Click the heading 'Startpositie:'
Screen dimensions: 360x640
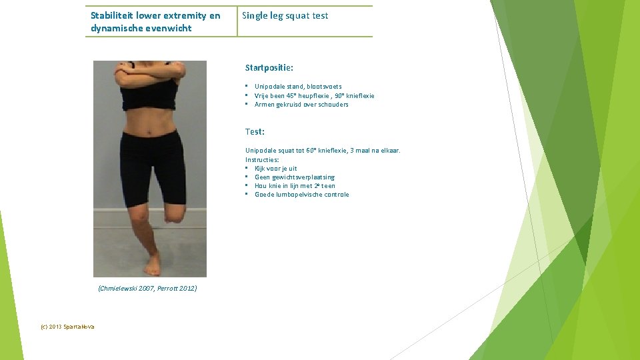click(x=269, y=68)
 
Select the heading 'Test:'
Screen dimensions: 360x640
click(x=255, y=132)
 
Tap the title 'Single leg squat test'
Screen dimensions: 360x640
click(x=285, y=15)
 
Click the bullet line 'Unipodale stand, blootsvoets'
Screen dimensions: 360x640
click(x=298, y=87)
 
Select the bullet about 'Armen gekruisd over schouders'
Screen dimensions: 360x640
click(x=301, y=104)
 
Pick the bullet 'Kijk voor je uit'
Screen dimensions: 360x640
click(x=276, y=169)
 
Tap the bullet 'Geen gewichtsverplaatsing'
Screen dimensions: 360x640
click(x=295, y=177)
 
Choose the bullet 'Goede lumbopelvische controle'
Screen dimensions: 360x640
click(x=301, y=195)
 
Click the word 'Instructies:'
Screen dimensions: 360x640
click(x=262, y=160)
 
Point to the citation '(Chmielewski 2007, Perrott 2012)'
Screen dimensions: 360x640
click(x=147, y=288)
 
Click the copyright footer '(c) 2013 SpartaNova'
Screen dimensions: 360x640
click(x=67, y=327)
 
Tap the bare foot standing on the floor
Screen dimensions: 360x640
click(x=153, y=265)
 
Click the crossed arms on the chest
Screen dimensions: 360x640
click(x=150, y=73)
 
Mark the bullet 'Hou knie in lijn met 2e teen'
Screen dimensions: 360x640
click(x=295, y=186)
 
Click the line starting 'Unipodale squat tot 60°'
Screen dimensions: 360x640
click(x=323, y=151)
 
